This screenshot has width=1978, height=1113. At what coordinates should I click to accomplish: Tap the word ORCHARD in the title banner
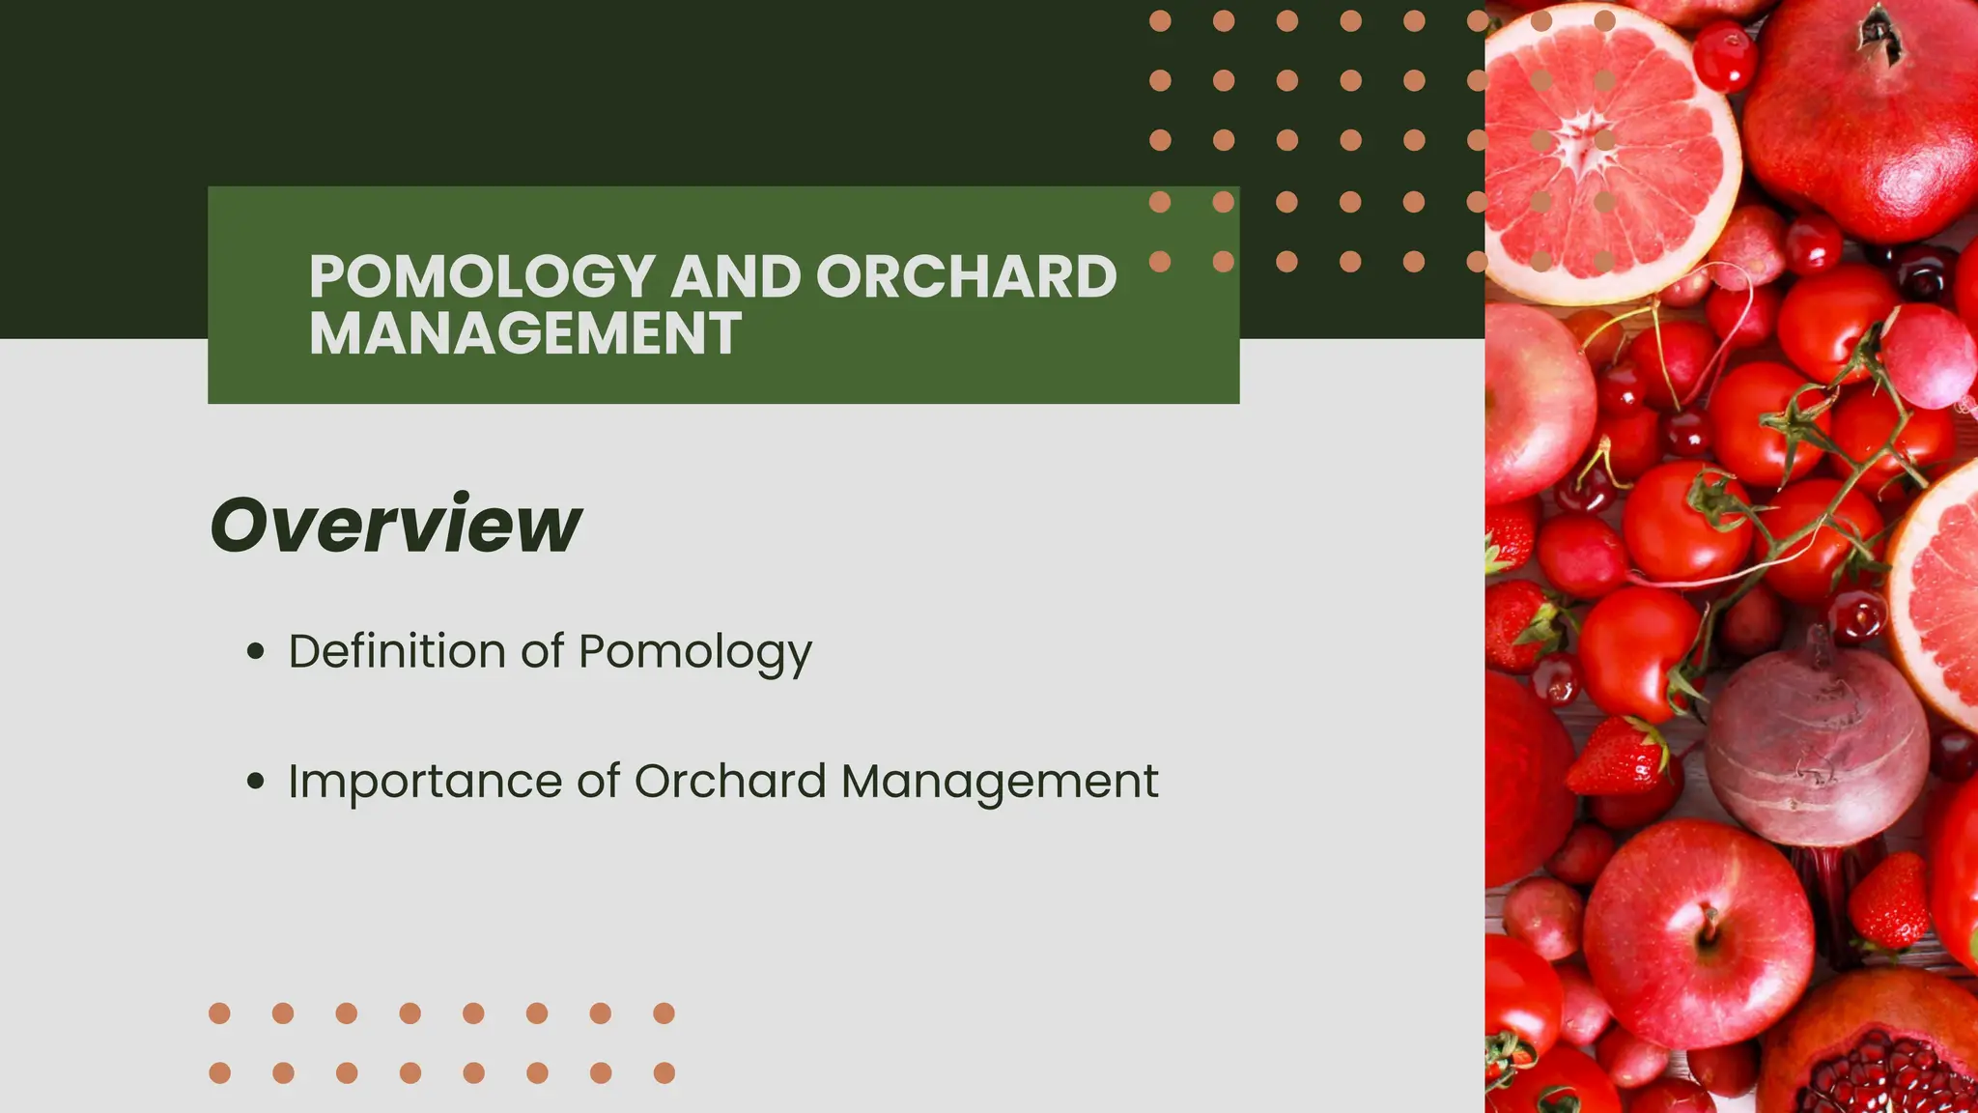966,277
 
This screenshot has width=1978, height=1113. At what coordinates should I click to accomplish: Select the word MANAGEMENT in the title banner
525,333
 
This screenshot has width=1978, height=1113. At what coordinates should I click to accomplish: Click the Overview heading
395,525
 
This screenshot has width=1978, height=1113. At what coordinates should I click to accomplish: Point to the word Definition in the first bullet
397,650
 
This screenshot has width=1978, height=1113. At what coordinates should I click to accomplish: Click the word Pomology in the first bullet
694,652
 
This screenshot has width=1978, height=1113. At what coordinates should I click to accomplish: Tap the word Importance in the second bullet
425,782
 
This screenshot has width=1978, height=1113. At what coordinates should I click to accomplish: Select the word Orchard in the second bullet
729,781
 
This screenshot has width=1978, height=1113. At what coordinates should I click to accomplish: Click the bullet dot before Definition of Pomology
255,651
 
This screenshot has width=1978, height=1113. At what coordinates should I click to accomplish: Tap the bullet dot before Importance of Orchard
255,781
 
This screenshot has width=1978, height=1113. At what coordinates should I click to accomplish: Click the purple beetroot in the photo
1816,744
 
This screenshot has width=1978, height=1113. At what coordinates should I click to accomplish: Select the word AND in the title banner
735,277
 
